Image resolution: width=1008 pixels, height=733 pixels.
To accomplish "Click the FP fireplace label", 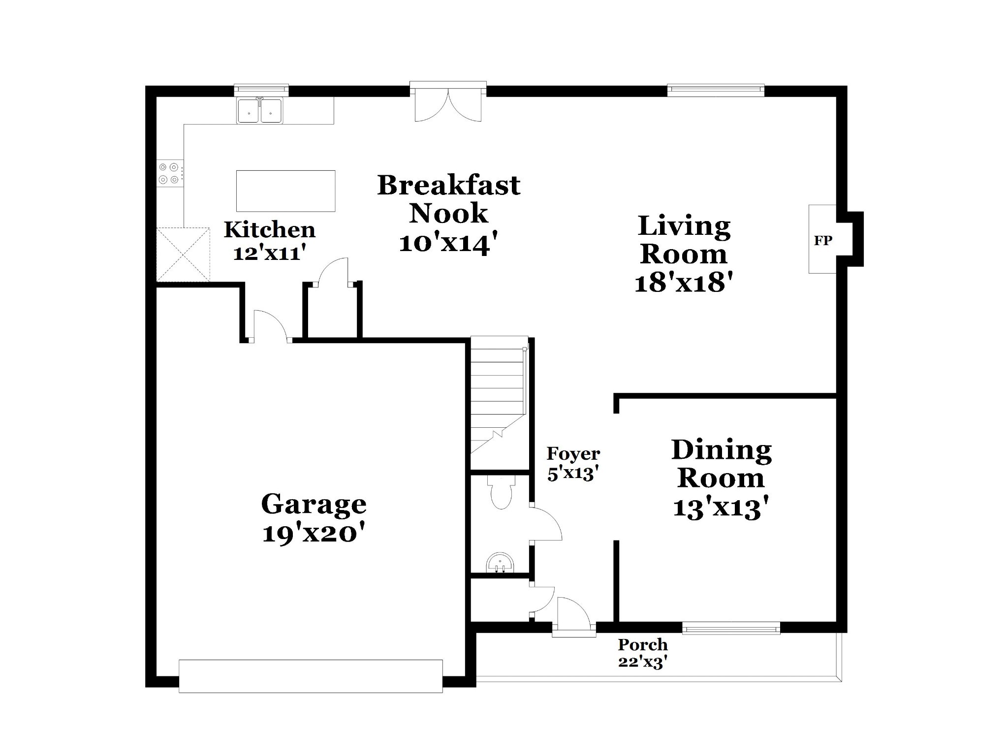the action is [823, 241].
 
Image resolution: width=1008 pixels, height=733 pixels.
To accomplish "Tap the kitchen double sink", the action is [260, 110].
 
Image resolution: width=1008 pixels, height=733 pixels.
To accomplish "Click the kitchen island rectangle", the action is [285, 191].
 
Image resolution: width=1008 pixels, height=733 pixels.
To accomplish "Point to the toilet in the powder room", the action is [502, 492].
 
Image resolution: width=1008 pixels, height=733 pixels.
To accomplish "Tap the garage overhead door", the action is [311, 676].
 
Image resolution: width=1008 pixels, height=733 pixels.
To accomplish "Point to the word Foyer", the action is [573, 453].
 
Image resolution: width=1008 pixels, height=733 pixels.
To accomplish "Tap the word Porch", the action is [643, 644].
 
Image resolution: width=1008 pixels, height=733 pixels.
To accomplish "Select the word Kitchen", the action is [270, 229].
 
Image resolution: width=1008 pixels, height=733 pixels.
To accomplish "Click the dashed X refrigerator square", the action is [183, 254].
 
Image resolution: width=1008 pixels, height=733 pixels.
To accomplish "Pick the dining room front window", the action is [731, 627].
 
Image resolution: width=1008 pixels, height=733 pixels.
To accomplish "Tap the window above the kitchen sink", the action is [261, 90].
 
